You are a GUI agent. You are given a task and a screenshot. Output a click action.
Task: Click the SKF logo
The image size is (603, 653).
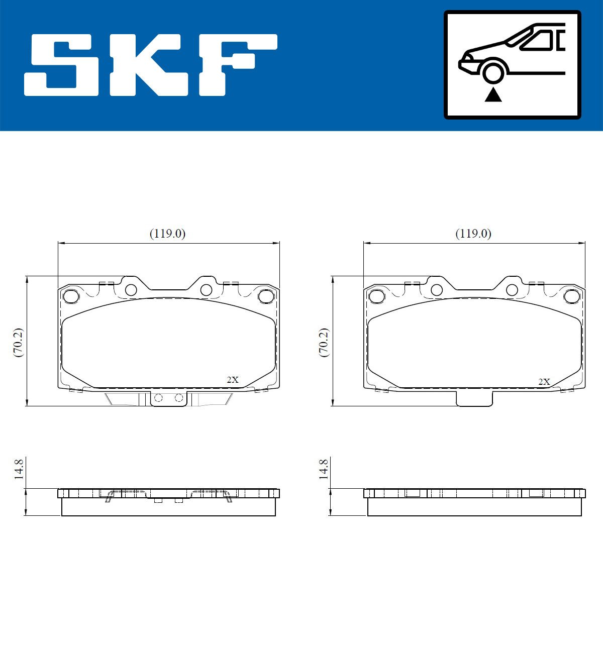(x=151, y=65)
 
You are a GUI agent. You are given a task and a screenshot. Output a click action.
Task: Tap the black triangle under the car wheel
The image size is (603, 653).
(x=493, y=95)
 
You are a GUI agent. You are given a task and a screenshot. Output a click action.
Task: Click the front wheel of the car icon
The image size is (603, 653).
(x=493, y=73)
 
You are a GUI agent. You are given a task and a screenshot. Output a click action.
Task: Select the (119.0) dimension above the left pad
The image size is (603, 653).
(x=167, y=234)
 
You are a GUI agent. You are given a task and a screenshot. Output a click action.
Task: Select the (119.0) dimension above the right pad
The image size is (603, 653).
(x=473, y=234)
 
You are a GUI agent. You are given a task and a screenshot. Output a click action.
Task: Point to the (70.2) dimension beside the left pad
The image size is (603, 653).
(x=18, y=343)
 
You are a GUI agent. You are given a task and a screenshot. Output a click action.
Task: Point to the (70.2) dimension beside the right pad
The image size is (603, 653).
(x=324, y=343)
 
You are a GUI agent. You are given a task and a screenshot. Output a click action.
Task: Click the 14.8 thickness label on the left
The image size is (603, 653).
(x=19, y=469)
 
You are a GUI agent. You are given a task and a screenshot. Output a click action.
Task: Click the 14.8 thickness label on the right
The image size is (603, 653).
(x=324, y=469)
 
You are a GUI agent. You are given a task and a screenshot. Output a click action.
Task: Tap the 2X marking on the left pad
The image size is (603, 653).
(x=233, y=380)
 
